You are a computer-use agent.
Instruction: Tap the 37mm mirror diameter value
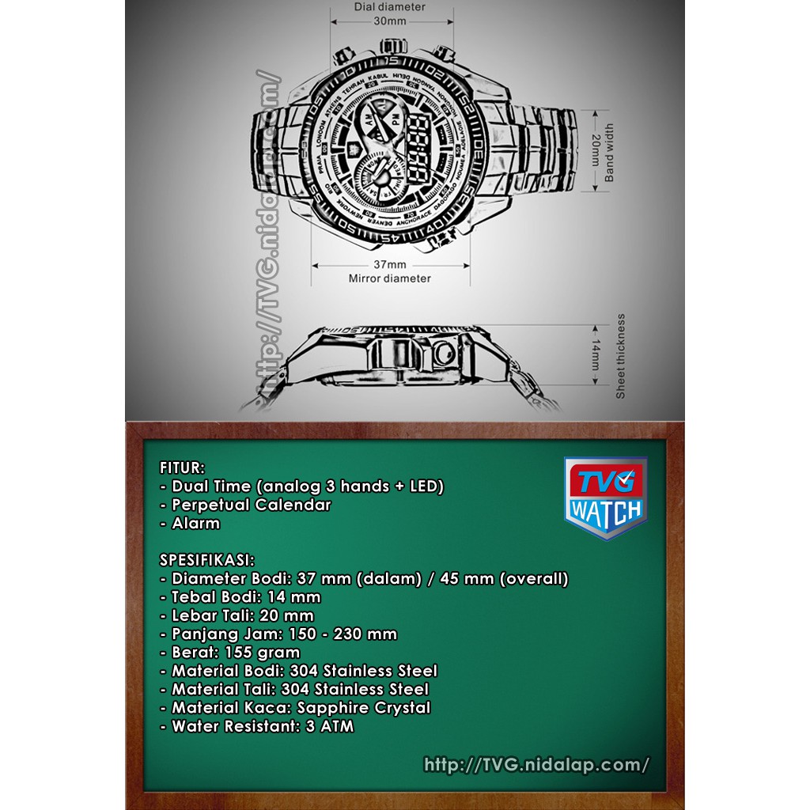tap(389, 264)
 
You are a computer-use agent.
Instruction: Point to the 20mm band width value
tap(594, 151)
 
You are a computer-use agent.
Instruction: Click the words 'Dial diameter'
tap(389, 7)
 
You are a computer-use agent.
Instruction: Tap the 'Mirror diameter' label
tap(389, 278)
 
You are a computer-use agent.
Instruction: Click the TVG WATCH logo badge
tap(605, 498)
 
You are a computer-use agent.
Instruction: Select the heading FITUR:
tap(182, 467)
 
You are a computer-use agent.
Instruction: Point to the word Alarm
tap(196, 523)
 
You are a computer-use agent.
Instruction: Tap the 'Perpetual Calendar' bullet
tap(251, 504)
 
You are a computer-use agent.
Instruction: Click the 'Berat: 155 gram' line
tap(235, 653)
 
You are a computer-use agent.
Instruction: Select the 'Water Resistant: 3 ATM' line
tap(262, 726)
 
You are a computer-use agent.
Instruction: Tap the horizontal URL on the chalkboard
tap(536, 765)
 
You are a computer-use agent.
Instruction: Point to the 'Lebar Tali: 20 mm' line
tap(242, 615)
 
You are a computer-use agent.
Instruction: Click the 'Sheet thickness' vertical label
tap(620, 356)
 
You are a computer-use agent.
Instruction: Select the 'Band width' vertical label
tap(609, 153)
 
